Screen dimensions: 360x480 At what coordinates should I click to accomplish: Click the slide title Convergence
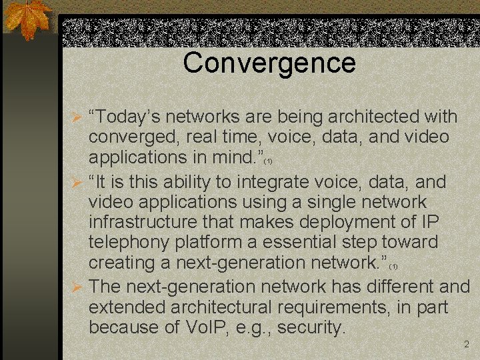(269, 63)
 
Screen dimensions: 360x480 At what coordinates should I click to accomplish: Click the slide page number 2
(466, 345)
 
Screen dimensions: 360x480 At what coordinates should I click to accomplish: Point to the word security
(311, 327)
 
